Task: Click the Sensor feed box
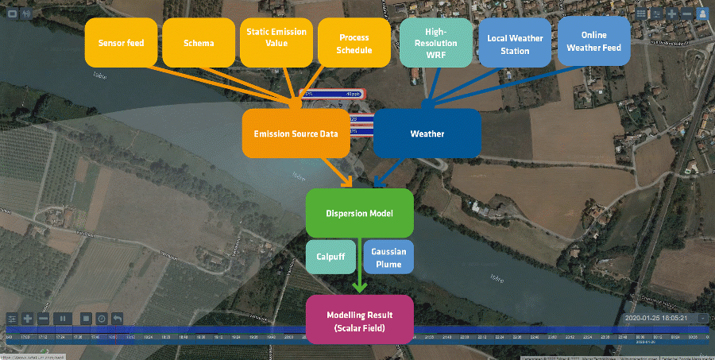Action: [121, 43]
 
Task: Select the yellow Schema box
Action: [199, 43]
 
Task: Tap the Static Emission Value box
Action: [276, 43]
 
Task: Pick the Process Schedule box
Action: [354, 43]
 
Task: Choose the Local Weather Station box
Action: [515, 43]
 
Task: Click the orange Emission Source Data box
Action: [296, 134]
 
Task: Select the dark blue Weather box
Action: [427, 134]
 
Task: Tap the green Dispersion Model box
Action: [360, 213]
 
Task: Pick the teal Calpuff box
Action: [331, 257]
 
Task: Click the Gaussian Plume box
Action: [388, 257]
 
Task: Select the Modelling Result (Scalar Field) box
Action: [360, 320]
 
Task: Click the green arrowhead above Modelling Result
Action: [360, 288]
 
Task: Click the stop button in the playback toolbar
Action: [85, 319]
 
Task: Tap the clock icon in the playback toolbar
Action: [102, 319]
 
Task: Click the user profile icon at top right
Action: [702, 14]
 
